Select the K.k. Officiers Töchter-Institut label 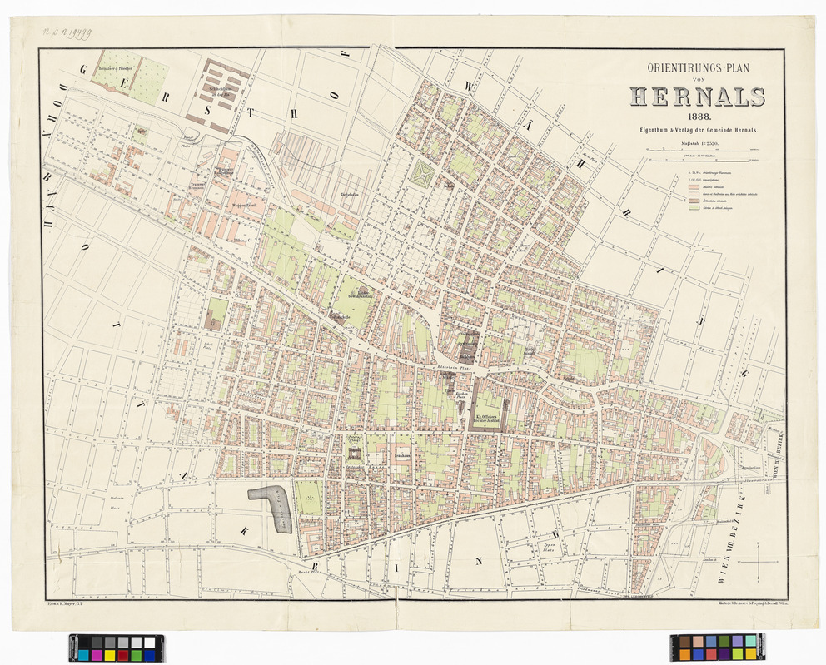487,419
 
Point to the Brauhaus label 404,455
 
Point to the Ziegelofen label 348,196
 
